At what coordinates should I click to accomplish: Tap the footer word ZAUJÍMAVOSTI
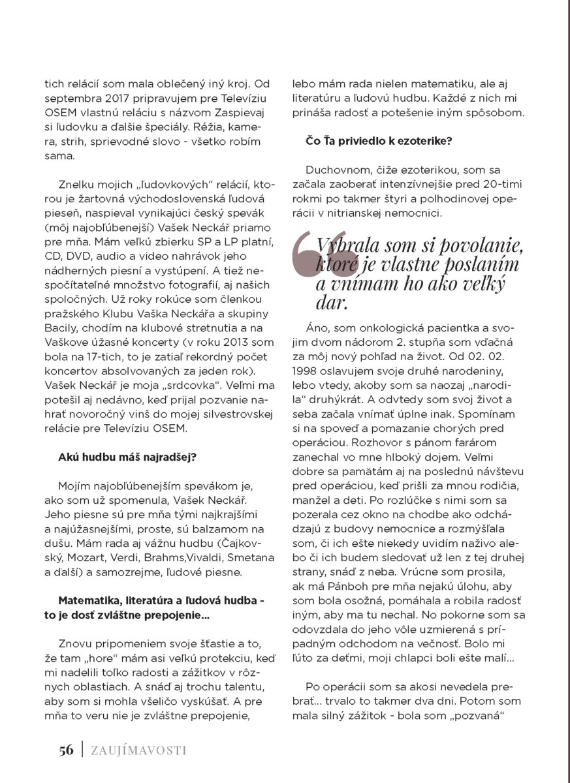pyautogui.click(x=138, y=750)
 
